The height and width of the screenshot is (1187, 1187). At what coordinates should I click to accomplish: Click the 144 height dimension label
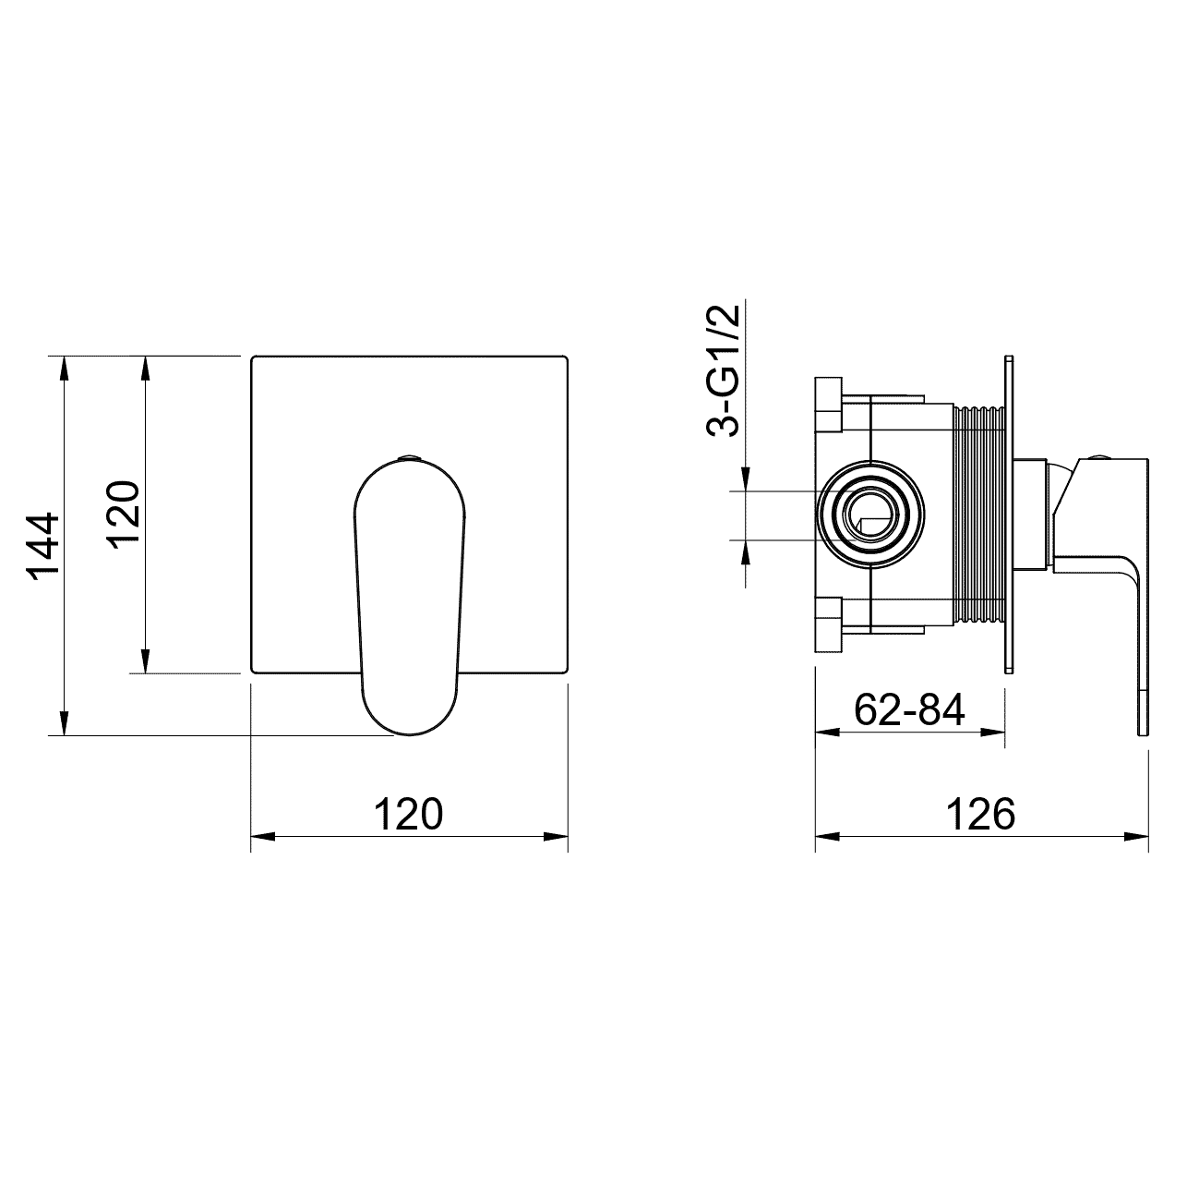43,545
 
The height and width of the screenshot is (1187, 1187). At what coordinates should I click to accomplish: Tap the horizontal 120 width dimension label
408,815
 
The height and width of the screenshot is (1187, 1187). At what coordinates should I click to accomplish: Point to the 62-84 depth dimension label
909,709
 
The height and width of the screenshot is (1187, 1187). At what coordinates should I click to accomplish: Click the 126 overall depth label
980,815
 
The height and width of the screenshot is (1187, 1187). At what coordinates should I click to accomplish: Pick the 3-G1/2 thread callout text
723,371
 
